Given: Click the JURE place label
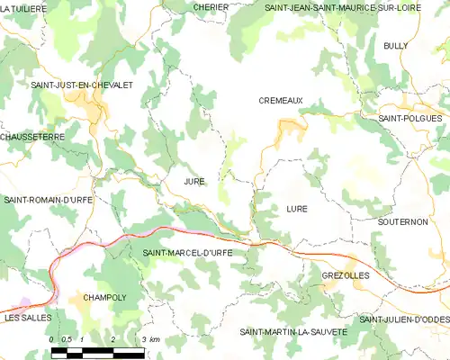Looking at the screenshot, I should click(x=193, y=181).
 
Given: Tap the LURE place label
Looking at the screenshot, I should click(x=296, y=208).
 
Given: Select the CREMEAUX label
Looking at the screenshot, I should click(x=281, y=102).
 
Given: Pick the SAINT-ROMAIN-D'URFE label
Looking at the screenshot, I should click(x=48, y=199).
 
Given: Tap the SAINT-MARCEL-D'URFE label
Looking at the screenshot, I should click(x=187, y=253).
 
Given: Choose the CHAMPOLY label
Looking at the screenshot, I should click(x=103, y=296).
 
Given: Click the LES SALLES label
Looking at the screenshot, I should click(x=27, y=319).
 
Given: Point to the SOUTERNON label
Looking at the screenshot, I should click(x=402, y=221).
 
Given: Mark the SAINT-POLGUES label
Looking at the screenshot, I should click(x=409, y=118).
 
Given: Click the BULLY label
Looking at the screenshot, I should click(x=395, y=45).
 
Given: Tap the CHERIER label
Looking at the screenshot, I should click(x=211, y=6).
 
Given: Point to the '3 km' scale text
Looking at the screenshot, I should click(x=150, y=338).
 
